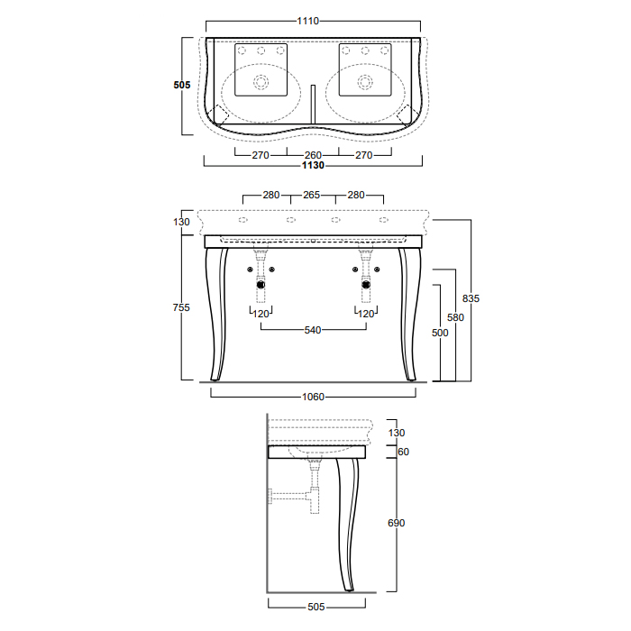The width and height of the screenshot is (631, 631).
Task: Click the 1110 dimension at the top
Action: click(x=308, y=21)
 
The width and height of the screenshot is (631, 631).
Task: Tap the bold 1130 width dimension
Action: click(x=313, y=165)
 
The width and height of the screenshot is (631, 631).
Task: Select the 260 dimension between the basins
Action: click(x=313, y=155)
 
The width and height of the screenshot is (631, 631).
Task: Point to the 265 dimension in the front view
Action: click(x=312, y=195)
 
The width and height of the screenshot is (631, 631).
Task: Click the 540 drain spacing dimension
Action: click(x=313, y=330)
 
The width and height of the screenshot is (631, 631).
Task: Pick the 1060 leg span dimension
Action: click(x=313, y=397)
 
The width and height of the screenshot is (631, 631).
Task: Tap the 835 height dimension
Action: click(x=471, y=298)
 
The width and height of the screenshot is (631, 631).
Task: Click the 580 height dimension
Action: click(x=455, y=317)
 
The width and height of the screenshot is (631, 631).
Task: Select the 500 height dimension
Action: click(x=440, y=333)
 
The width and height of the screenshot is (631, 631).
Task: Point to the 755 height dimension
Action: click(x=181, y=307)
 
